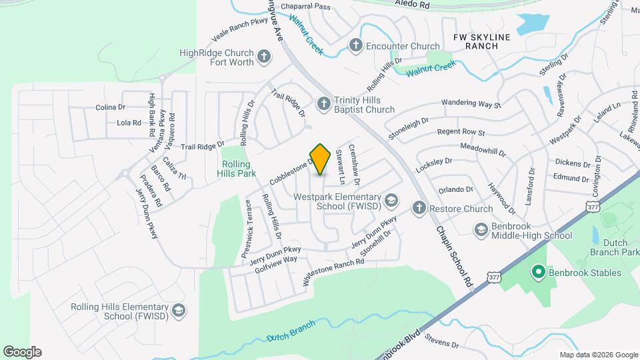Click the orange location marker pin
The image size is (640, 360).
(x=321, y=159)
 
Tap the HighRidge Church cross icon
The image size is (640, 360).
(x=264, y=57)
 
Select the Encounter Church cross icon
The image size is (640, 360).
(x=355, y=46)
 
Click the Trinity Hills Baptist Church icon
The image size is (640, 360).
(x=323, y=104)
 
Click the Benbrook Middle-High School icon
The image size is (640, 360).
(x=481, y=230)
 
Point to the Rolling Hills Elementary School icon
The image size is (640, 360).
(x=178, y=311)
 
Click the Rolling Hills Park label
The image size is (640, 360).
(x=237, y=168)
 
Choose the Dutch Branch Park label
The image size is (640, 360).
(x=614, y=247)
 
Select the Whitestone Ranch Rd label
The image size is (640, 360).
(x=333, y=272)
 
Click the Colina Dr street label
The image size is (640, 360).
(x=111, y=107)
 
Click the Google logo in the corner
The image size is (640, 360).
(x=22, y=352)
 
